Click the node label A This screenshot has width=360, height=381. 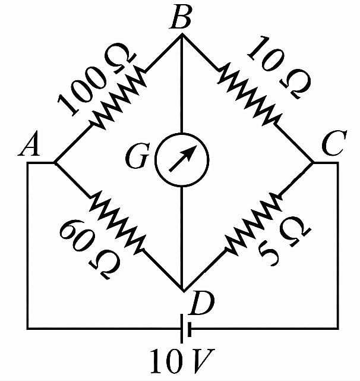click(x=29, y=144)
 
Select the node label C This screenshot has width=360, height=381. click(x=334, y=143)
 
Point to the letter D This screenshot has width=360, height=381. click(x=203, y=303)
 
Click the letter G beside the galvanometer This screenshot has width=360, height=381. click(x=137, y=156)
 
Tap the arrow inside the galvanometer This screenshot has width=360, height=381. click(x=182, y=159)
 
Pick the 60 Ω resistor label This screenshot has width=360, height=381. click(x=89, y=249)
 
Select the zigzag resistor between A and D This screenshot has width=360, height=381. click(x=116, y=222)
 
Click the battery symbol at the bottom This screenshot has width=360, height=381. click(x=186, y=329)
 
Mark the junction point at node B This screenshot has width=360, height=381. click(x=182, y=34)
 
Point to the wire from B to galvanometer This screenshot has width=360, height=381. click(x=182, y=84)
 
